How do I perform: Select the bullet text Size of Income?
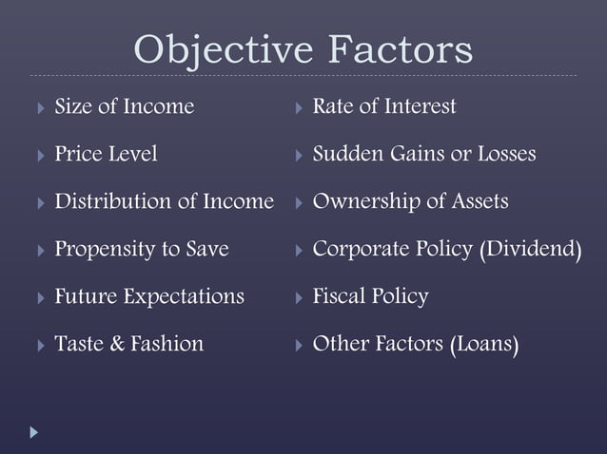125,106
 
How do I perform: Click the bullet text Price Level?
106,154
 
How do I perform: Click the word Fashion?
168,344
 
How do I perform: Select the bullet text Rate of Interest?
384,106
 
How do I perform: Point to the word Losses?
503,154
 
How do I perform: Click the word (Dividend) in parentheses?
530,250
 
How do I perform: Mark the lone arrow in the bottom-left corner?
35,432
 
